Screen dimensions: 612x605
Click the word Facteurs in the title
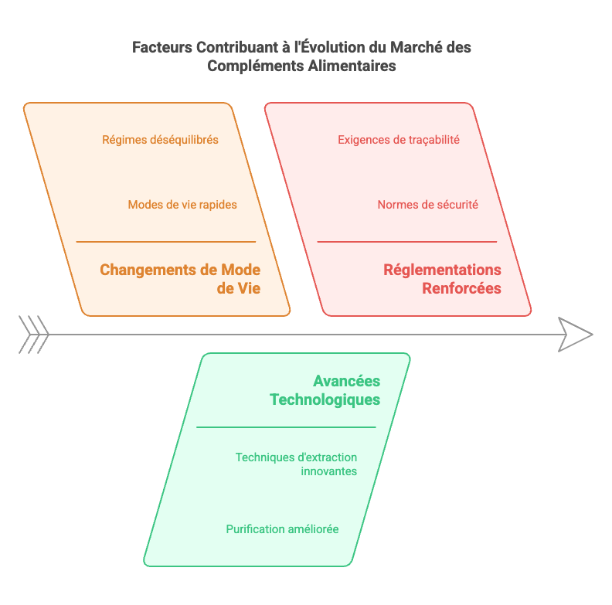(x=162, y=47)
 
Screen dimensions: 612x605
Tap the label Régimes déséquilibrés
(x=160, y=140)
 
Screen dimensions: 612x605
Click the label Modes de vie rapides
(x=182, y=205)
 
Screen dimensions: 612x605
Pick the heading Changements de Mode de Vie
(x=180, y=279)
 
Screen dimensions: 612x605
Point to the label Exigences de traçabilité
(x=399, y=140)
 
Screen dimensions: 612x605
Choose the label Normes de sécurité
(x=427, y=205)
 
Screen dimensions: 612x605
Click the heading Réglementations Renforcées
(x=442, y=279)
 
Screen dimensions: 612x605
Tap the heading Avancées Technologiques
(x=325, y=390)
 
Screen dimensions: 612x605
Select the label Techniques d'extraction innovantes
(x=296, y=464)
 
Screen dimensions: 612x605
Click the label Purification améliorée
(x=282, y=529)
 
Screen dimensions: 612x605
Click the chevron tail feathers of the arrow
(x=33, y=335)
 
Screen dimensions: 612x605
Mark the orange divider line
(x=166, y=242)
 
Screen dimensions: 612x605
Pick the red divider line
(x=407, y=242)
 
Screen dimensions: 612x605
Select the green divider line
(x=286, y=427)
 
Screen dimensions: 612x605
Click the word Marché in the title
(x=416, y=47)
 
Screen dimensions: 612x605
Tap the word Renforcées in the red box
(x=462, y=288)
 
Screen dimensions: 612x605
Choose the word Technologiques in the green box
(x=325, y=399)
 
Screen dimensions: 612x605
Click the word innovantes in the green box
(x=328, y=471)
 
